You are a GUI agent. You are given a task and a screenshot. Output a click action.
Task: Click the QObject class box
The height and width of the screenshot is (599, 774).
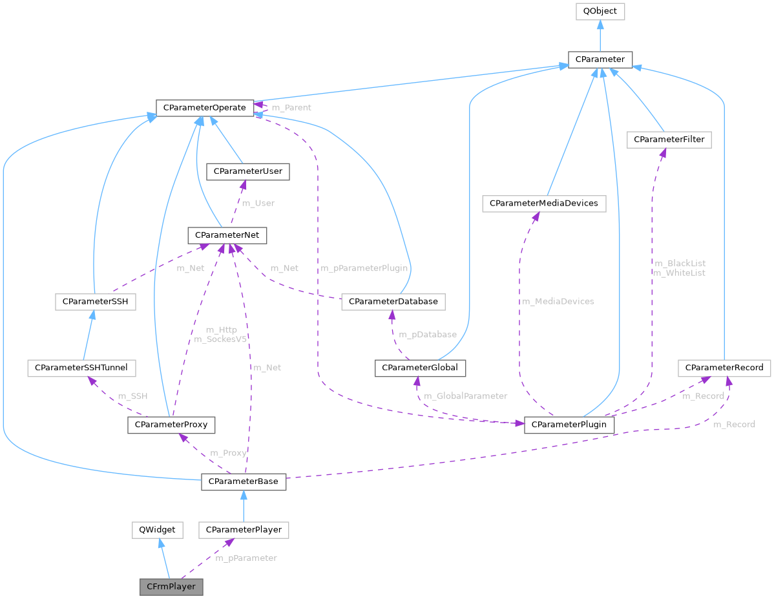(600, 11)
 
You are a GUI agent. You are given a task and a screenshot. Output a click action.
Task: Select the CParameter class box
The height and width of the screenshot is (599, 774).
(600, 59)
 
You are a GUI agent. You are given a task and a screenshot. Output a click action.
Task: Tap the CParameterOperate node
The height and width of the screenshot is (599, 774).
(204, 107)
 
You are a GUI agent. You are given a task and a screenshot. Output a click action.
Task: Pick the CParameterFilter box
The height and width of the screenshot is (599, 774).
(669, 140)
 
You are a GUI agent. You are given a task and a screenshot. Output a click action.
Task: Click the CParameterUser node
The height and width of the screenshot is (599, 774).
(246, 171)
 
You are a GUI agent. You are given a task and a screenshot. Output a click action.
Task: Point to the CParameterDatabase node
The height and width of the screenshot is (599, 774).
(393, 302)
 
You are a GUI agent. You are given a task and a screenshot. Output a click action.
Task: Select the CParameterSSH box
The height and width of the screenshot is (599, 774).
(95, 302)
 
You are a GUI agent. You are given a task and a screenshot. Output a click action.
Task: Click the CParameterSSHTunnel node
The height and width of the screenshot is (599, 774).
(81, 368)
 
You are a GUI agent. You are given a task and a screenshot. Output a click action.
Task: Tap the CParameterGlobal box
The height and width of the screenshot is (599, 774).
(420, 368)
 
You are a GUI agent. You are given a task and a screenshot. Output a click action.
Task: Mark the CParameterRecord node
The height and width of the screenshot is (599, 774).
(724, 368)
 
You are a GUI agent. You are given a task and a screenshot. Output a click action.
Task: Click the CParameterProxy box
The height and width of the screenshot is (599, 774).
(171, 425)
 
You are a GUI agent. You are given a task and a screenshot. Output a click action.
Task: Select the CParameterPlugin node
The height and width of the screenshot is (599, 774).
(569, 425)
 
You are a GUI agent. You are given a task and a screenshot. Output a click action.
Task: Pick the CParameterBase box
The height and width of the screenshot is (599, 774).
(244, 481)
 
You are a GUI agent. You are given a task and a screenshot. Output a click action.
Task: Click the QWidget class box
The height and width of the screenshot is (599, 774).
(157, 531)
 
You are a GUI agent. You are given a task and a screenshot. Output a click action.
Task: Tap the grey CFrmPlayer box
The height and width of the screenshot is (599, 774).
(172, 587)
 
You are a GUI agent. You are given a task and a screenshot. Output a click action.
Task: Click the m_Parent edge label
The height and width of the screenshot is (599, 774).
(291, 108)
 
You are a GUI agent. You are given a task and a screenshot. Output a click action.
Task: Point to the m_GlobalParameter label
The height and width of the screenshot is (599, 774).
(465, 396)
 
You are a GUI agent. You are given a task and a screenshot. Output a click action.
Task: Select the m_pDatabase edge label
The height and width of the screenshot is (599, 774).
(427, 335)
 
